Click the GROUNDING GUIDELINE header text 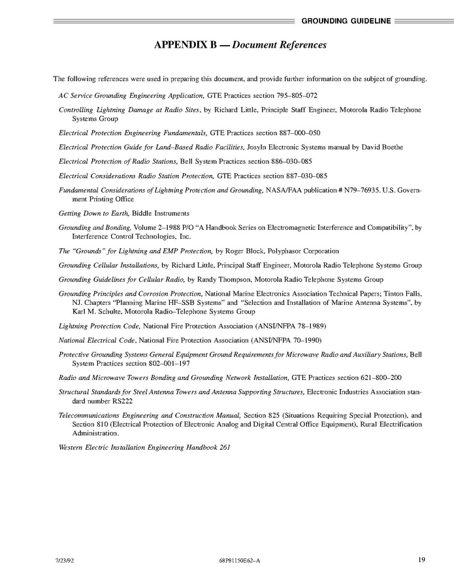[x=346, y=21]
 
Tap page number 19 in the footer [x=422, y=560]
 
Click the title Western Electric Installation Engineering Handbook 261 [x=144, y=447]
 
